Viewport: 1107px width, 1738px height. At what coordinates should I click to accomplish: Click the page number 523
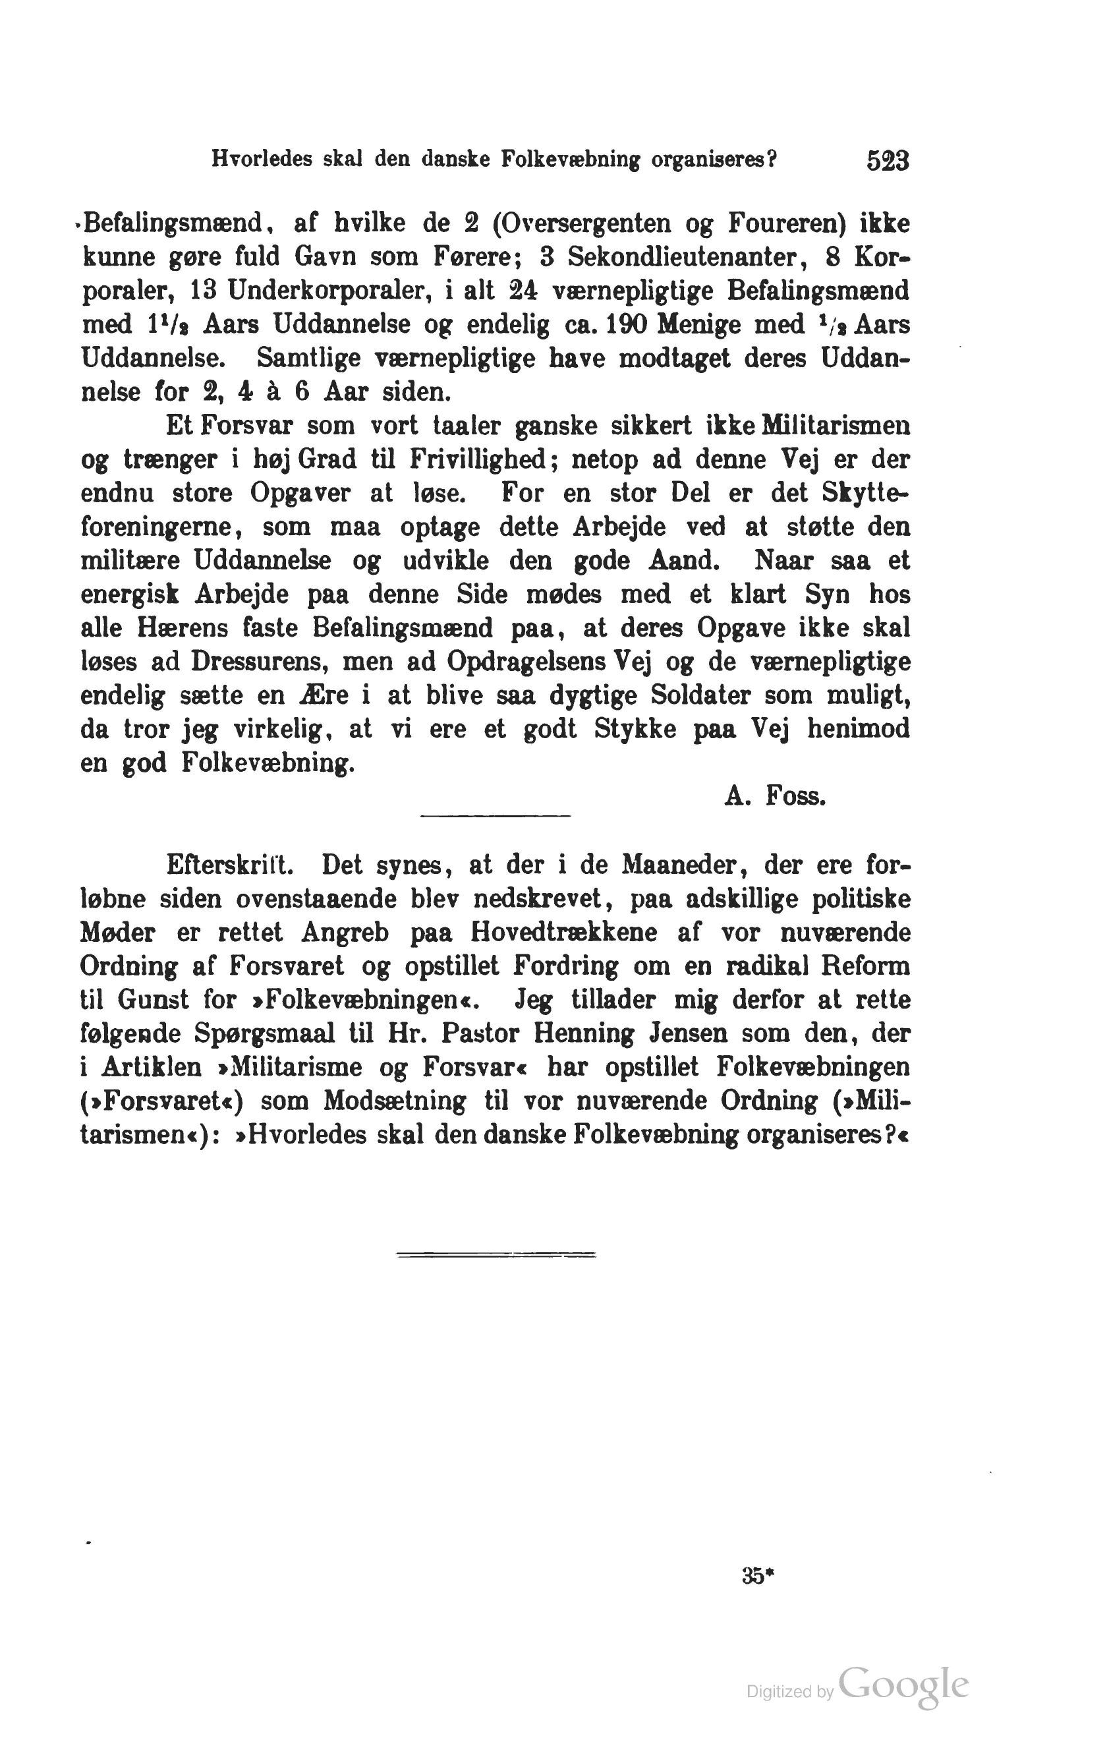click(888, 161)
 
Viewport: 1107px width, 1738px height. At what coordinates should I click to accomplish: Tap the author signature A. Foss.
click(775, 797)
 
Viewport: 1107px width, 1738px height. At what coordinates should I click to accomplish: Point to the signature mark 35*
click(757, 1577)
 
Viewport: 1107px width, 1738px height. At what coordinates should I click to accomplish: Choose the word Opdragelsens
click(528, 662)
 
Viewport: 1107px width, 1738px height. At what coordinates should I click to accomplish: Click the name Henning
click(584, 1033)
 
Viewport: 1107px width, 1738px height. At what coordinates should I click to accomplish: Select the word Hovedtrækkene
click(563, 933)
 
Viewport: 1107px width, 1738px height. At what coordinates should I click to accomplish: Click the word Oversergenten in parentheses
click(581, 225)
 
